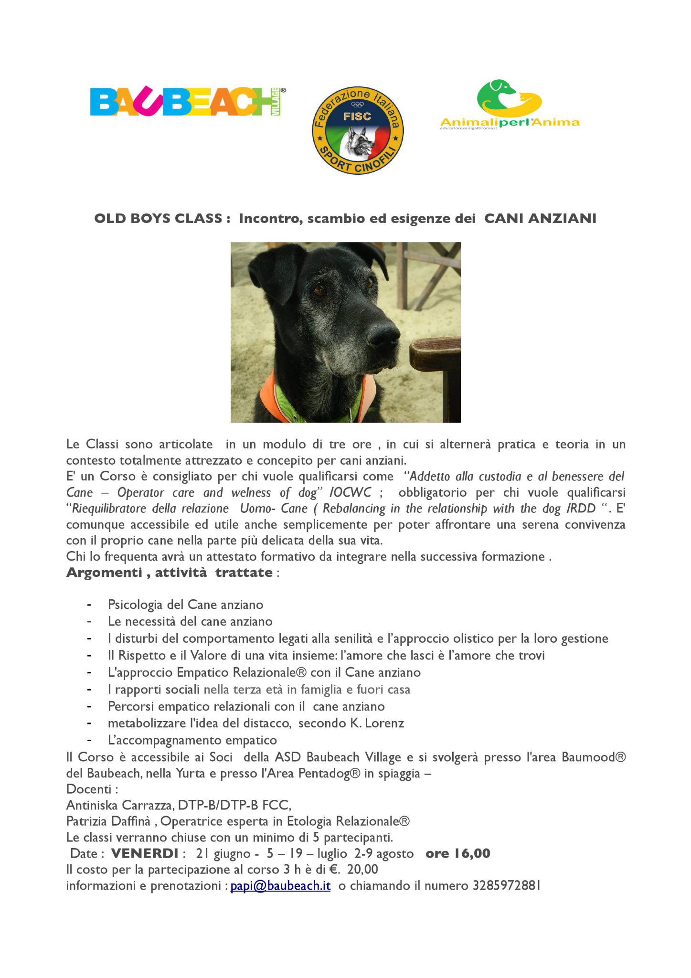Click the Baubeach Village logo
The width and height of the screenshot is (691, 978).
(188, 101)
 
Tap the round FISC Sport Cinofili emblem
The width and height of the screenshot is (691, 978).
(357, 130)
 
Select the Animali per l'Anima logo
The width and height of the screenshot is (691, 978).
(510, 105)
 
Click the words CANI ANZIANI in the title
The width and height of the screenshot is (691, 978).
(540, 219)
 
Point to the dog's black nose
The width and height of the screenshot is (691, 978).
(385, 333)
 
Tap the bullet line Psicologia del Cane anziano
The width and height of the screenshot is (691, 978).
(185, 605)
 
